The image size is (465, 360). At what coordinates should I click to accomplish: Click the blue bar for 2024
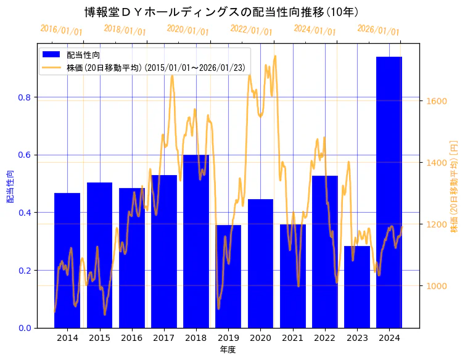(389, 192)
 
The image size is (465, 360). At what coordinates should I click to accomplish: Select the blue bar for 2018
(196, 241)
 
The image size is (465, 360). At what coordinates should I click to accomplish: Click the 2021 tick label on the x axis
(292, 338)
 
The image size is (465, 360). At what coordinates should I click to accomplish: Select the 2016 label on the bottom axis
(131, 338)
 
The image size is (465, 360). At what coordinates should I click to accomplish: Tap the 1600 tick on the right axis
(436, 101)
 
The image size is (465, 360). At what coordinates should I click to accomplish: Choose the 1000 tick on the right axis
(436, 286)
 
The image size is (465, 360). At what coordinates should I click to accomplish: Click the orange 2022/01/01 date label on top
(251, 30)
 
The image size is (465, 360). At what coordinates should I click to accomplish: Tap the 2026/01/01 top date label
(378, 30)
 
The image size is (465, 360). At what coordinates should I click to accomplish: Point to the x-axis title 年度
(228, 350)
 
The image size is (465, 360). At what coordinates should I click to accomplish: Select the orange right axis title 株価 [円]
(454, 186)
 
